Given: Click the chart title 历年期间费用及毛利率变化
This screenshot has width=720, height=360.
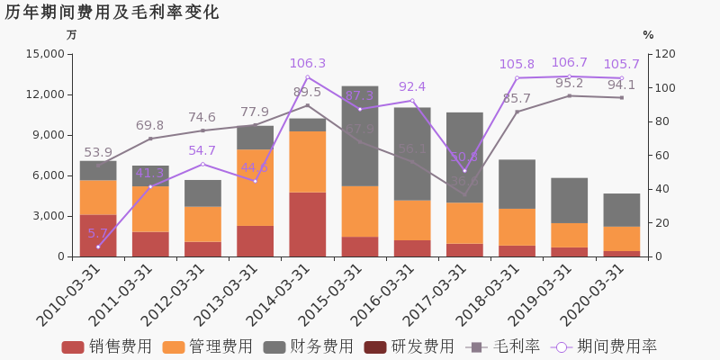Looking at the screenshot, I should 112,13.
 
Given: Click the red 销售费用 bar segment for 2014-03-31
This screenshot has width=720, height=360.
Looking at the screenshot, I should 307,224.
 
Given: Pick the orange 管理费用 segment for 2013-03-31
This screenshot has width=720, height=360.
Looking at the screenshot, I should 255,187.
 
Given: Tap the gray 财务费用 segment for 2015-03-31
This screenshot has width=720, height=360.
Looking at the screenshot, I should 359,136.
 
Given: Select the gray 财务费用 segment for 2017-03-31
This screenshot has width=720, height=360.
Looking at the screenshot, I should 464,157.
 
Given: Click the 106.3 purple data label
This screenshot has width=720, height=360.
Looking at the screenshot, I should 307,64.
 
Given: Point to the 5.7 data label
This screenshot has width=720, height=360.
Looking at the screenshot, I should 97,233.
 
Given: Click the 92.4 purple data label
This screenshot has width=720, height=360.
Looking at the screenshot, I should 411,87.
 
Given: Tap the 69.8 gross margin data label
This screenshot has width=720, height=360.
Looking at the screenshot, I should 149,126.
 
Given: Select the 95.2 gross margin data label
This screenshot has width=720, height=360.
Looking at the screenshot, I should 569,84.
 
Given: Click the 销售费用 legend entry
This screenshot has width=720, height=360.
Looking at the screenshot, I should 106,346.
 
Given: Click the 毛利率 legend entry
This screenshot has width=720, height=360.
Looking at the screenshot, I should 503,346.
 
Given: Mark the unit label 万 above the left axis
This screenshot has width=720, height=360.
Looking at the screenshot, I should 72,35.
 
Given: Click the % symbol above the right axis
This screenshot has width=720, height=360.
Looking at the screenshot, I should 648,35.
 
